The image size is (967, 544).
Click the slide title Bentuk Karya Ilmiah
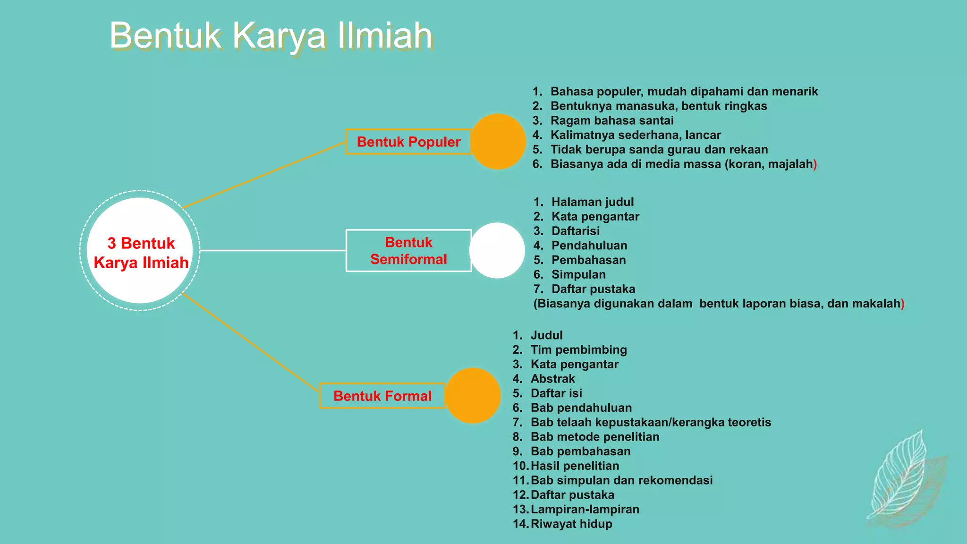coord(271,36)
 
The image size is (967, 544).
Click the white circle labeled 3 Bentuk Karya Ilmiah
coord(140,251)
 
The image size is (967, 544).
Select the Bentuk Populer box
coord(408,142)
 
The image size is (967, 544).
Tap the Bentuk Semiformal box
coord(408,251)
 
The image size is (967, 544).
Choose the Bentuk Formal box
coord(382,396)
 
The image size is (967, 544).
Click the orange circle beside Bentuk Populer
coord(498,142)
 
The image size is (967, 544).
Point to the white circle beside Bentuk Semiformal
coord(497,251)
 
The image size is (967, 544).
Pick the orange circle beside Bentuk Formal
coord(473,396)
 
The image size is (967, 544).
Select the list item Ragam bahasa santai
coord(612,120)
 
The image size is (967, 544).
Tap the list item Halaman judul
coord(593,202)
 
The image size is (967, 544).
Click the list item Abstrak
coord(552,379)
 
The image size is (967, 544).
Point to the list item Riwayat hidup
coord(571,524)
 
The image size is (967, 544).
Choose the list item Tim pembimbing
coord(578,350)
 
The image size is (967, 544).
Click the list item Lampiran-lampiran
coord(585,509)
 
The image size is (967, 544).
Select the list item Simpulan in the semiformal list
coord(578,274)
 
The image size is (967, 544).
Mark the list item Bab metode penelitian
coord(594,437)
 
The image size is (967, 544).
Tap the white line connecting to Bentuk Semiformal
coord(273,250)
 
